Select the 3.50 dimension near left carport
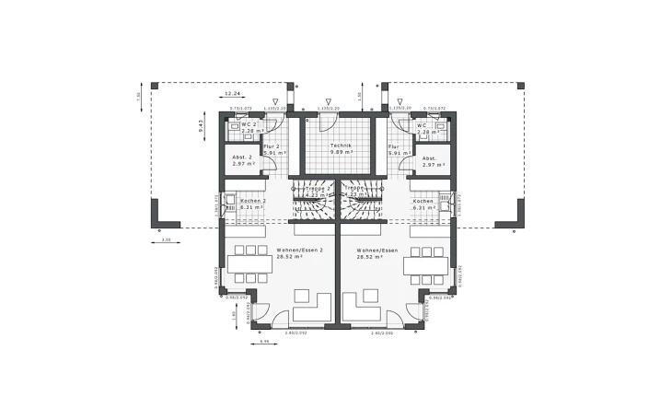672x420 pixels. [x=166, y=239]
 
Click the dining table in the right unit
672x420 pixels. [x=424, y=266]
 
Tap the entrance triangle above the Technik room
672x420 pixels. [x=328, y=102]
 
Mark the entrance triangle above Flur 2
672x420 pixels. [x=274, y=102]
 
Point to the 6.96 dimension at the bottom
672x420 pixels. [x=264, y=342]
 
